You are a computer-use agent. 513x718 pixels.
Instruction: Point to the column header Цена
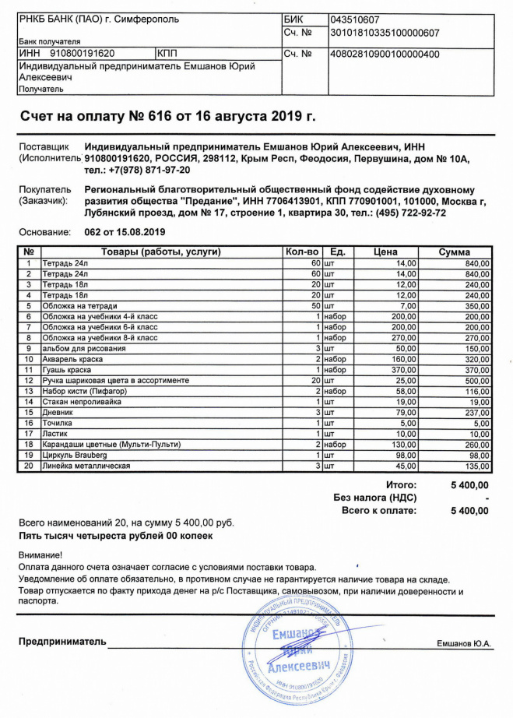click(386, 252)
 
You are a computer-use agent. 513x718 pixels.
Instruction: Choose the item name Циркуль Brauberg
click(75, 454)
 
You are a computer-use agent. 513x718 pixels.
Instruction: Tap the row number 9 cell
click(28, 348)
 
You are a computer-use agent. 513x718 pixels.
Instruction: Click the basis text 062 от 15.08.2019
click(124, 232)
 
